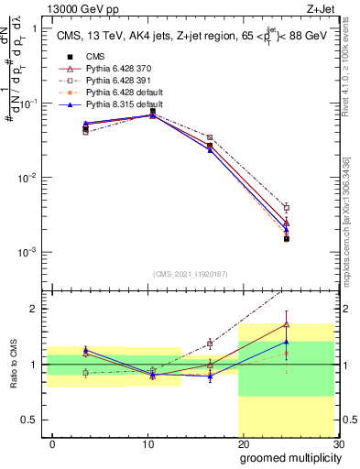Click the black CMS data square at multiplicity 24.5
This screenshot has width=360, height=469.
coord(287,239)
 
